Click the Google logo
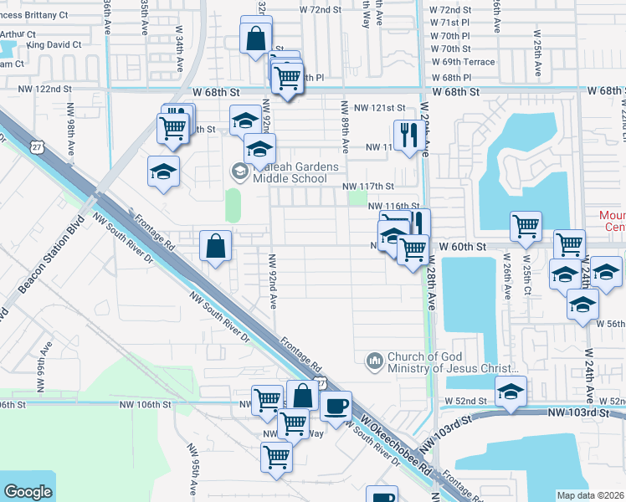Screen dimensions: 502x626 pos(28,492)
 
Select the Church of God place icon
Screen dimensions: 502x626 pos(374,361)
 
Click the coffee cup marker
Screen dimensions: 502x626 pos(336,407)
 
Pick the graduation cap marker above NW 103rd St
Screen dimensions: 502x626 pos(510,392)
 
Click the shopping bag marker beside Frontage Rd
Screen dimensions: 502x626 pos(216,245)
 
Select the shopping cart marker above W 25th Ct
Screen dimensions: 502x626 pos(526,225)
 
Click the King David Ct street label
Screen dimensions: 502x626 pos(54,44)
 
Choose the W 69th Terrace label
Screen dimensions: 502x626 pos(463,63)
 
